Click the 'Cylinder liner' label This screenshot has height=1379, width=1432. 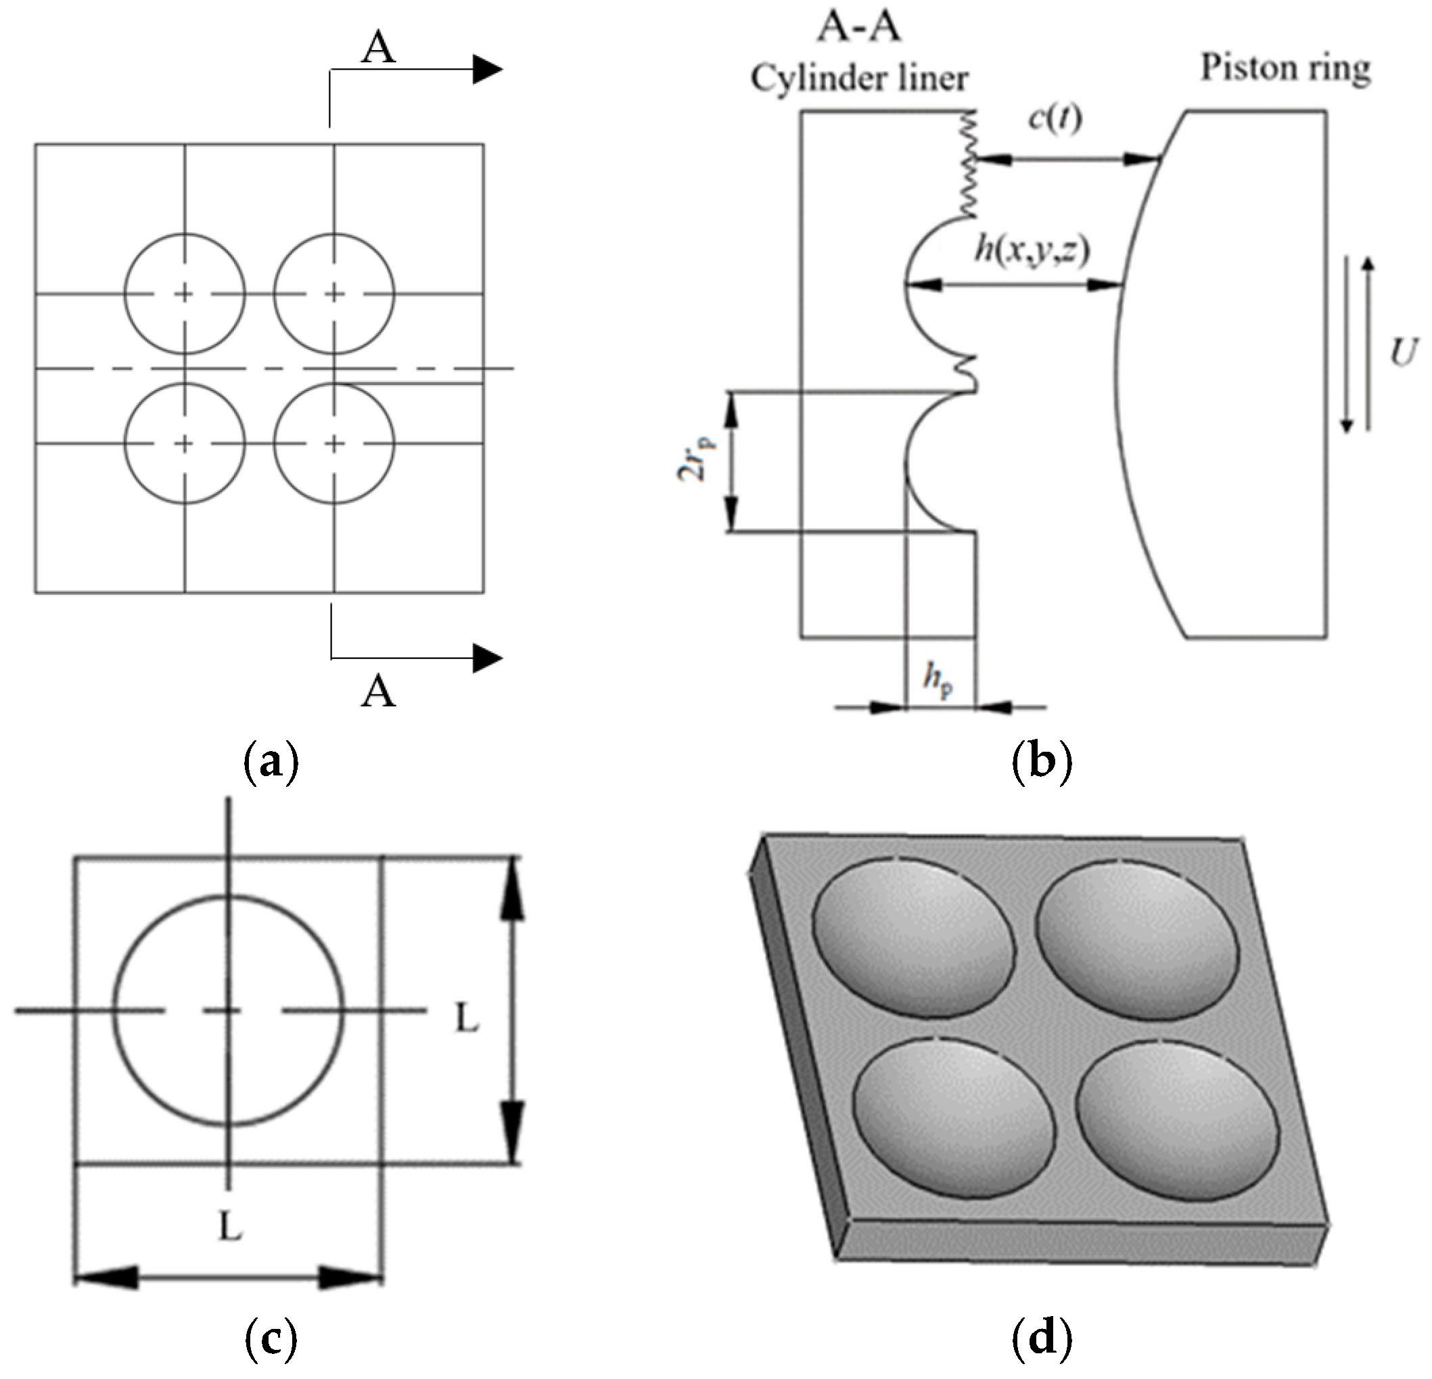click(859, 78)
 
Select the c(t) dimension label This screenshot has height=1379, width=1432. click(1055, 118)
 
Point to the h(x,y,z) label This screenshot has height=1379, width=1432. click(1032, 250)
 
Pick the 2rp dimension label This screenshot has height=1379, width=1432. click(692, 460)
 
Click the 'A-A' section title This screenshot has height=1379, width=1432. click(859, 26)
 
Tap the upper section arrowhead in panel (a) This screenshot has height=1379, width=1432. click(486, 70)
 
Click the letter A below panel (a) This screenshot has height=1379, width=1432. click(377, 691)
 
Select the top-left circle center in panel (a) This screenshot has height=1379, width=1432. click(185, 294)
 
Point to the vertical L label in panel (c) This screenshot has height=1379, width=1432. click(467, 1018)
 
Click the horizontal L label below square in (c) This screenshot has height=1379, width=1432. click(230, 1227)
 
